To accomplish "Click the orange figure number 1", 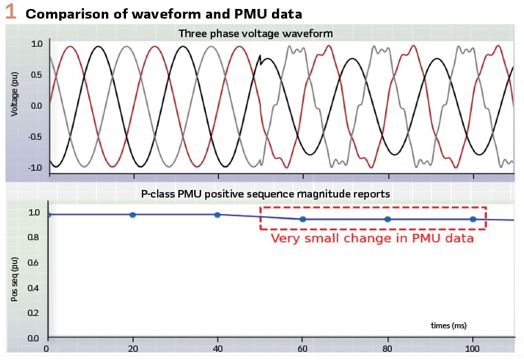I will pyautogui.click(x=11, y=12).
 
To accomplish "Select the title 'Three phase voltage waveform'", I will pyautogui.click(x=256, y=33).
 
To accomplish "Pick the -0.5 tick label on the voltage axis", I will pyautogui.click(x=34, y=136).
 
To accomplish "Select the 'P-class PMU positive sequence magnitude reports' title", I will pyautogui.click(x=266, y=194).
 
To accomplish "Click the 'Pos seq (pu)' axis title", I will pyautogui.click(x=14, y=276).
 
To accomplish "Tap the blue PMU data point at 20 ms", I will pyautogui.click(x=133, y=215).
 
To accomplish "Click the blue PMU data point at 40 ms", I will pyautogui.click(x=218, y=215).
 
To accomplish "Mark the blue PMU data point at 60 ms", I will pyautogui.click(x=303, y=220).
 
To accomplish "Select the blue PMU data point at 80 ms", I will pyautogui.click(x=388, y=220).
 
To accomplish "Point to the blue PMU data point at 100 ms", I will pyautogui.click(x=473, y=220).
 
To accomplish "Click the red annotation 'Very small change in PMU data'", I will pyautogui.click(x=372, y=239).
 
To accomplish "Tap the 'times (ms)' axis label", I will pyautogui.click(x=448, y=324).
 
